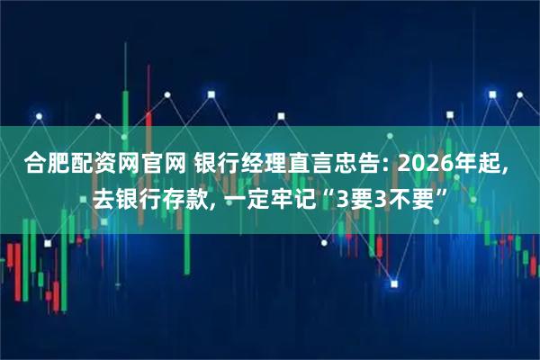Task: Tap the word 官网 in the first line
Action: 159,165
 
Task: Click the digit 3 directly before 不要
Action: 371,195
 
